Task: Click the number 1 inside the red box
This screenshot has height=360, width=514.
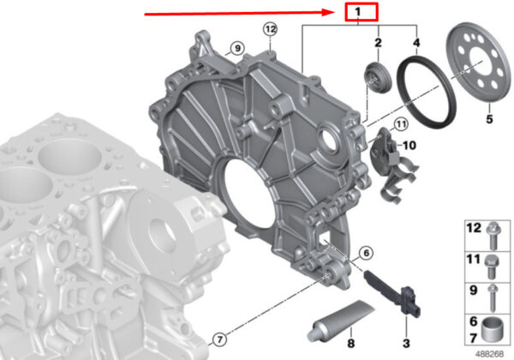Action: coord(357,12)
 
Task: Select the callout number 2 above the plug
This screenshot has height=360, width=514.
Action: coord(379,43)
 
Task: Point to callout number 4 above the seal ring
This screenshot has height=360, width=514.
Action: coord(416,43)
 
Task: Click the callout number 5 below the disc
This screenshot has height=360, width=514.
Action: coord(489,118)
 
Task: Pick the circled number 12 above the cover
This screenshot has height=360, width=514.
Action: coord(271,29)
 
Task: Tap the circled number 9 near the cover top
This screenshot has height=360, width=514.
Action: coord(237,49)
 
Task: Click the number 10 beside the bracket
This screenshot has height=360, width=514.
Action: coord(409,145)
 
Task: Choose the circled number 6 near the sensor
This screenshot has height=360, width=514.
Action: coord(366,253)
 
